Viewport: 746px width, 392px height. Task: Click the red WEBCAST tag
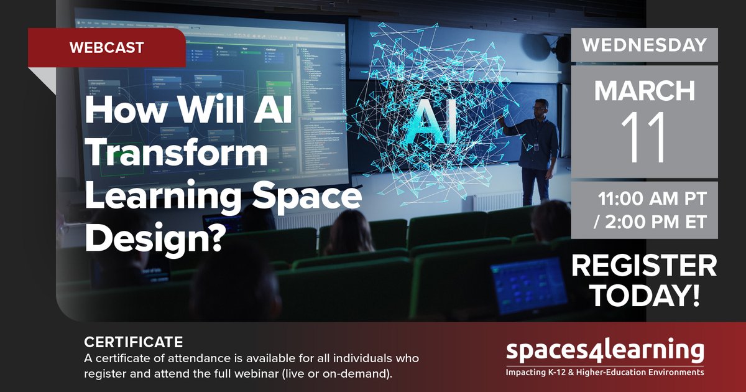point(107,47)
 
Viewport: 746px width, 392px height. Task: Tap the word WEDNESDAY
point(645,45)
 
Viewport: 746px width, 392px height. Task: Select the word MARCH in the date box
point(645,91)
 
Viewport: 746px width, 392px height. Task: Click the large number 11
point(644,137)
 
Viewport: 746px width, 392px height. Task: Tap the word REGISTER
point(644,266)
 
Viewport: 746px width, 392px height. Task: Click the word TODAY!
point(644,296)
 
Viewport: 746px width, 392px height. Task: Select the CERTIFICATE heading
point(133,342)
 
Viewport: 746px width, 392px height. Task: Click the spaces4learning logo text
point(605,351)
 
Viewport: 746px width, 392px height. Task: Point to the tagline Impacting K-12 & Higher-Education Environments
point(605,372)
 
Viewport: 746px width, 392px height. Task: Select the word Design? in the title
point(154,238)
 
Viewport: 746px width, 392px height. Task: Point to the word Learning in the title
point(162,197)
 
